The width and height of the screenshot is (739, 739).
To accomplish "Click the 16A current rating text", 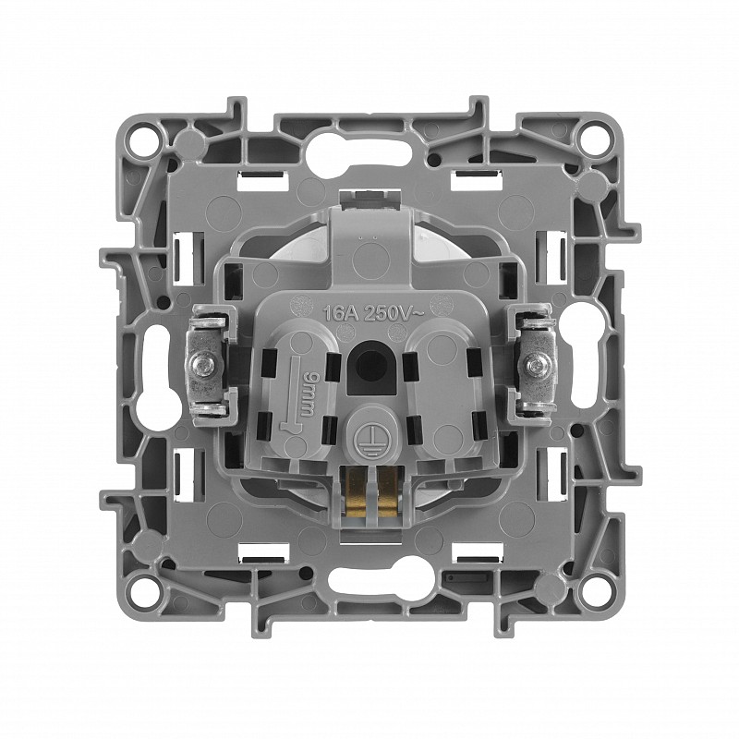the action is [336, 312].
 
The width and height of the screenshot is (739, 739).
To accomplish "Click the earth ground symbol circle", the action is [369, 442].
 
